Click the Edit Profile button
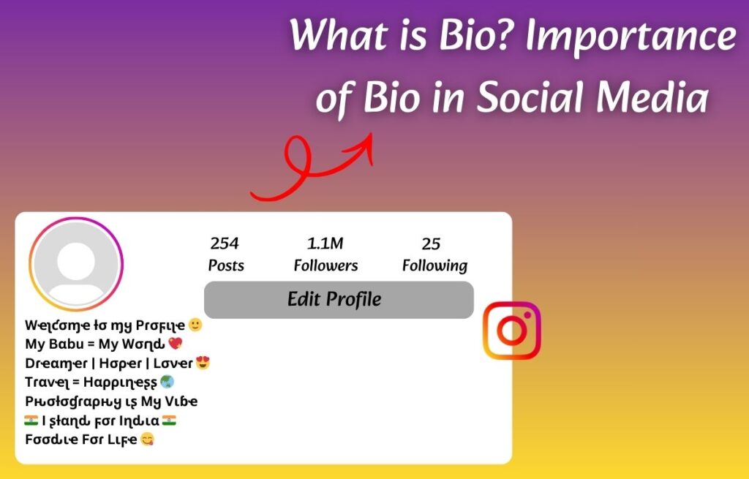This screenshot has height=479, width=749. point(339,300)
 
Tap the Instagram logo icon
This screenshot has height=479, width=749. point(512,331)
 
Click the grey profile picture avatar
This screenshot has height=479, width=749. point(76,264)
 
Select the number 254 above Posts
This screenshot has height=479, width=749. point(225,244)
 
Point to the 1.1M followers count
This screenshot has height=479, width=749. point(325,244)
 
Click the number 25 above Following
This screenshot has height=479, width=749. point(431,244)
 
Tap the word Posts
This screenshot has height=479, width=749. point(226,265)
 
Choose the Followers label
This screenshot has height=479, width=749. point(325,265)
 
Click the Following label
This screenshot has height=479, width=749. point(434,265)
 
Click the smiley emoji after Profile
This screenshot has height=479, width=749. point(195,325)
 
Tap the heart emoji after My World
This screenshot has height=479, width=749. point(175,344)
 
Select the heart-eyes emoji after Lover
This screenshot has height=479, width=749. point(203,363)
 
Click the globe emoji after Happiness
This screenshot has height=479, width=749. point(167,382)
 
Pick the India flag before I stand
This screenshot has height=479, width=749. point(31,420)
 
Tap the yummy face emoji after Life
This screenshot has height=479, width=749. point(147,440)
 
